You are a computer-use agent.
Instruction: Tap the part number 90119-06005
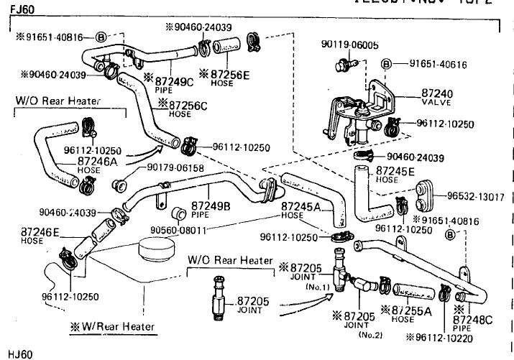349,45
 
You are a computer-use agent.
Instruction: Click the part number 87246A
100,162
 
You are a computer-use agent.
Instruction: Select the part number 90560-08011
182,231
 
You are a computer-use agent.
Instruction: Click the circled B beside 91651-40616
386,65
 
